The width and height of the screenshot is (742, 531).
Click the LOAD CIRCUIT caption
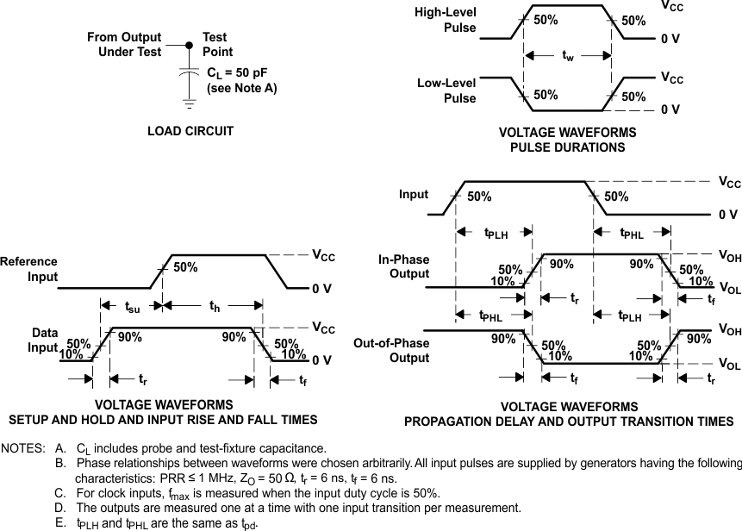[190, 131]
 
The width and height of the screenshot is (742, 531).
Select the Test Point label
[217, 45]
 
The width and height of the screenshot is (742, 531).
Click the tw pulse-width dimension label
[567, 56]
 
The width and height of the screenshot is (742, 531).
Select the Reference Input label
[29, 269]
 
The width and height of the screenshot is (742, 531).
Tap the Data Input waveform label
[45, 340]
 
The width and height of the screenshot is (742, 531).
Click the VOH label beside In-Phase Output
[730, 255]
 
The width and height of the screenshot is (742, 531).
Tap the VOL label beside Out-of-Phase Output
[730, 365]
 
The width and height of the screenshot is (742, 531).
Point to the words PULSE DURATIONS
[568, 147]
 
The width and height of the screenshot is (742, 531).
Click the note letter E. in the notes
[59, 523]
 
